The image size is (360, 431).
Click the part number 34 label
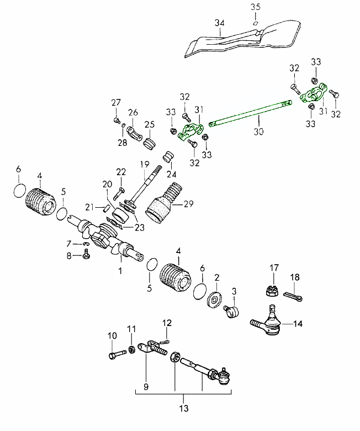tap(219, 23)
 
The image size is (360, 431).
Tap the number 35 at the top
tap(255, 7)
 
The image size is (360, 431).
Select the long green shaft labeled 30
tap(248, 114)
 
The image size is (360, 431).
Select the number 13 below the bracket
tap(184, 409)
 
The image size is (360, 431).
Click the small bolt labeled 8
tap(86, 255)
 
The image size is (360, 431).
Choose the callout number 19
tap(145, 164)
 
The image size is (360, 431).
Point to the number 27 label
tap(116, 102)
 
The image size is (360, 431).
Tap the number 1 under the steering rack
tap(119, 272)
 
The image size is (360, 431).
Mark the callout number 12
tap(167, 323)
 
